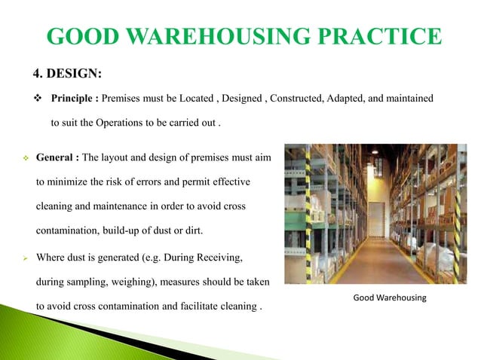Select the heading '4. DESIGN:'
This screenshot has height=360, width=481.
tap(66, 73)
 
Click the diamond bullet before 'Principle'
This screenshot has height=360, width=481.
tap(37, 98)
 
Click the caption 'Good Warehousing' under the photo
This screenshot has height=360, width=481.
tap(390, 298)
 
